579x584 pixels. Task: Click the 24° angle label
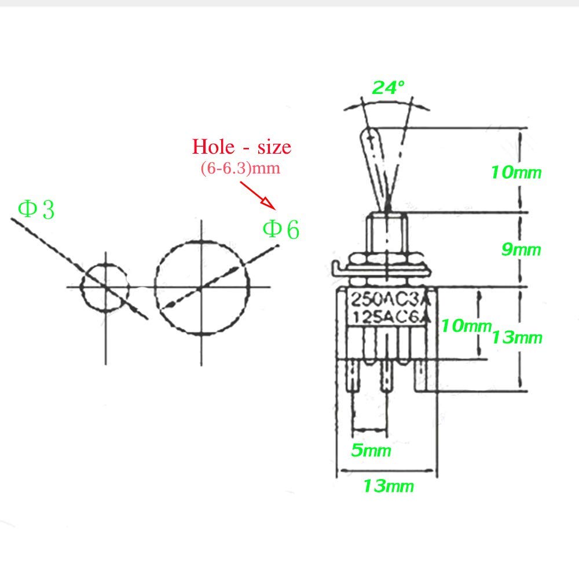click(x=388, y=88)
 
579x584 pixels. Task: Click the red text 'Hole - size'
click(x=241, y=146)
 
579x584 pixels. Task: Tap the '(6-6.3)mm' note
click(x=240, y=168)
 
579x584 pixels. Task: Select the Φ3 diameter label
click(x=36, y=209)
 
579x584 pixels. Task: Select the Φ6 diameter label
click(x=281, y=230)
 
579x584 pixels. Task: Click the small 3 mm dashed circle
click(x=105, y=287)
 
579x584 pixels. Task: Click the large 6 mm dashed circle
click(x=201, y=287)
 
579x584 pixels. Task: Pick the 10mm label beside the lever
click(x=516, y=172)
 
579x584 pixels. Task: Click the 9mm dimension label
click(x=520, y=250)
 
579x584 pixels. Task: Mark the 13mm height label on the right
click(x=517, y=337)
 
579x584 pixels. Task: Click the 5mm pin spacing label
click(x=371, y=450)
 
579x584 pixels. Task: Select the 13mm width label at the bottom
click(x=388, y=486)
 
